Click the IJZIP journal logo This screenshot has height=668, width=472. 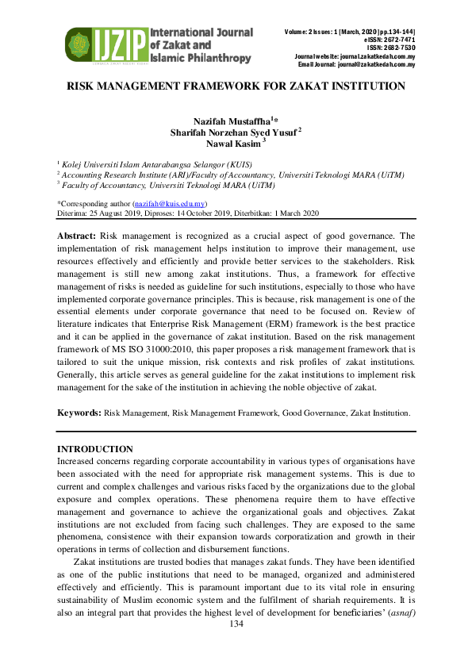point(159,46)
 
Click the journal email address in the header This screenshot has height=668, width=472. point(380,64)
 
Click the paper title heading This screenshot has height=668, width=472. point(236,85)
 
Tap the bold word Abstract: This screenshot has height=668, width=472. point(77,236)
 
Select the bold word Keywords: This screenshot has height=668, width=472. point(79,413)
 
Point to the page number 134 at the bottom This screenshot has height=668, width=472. point(236,624)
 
